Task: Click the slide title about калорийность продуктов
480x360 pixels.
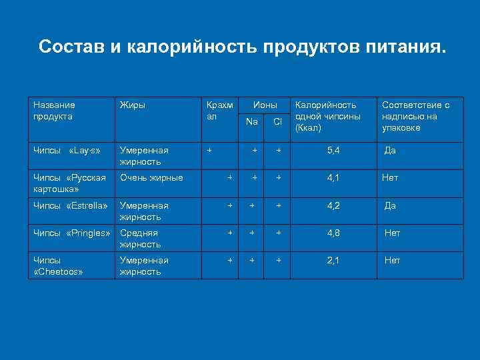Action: click(x=240, y=47)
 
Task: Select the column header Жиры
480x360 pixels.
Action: click(x=132, y=105)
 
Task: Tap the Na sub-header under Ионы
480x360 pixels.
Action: click(x=251, y=121)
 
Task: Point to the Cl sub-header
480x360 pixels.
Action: click(x=277, y=121)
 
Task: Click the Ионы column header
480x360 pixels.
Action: click(x=264, y=105)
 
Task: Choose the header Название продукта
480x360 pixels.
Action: click(x=54, y=110)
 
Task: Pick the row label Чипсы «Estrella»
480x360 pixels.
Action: click(x=70, y=205)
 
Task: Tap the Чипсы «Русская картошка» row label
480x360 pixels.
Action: click(x=69, y=183)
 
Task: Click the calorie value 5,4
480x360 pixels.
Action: click(x=333, y=151)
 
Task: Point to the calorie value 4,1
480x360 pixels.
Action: click(x=333, y=178)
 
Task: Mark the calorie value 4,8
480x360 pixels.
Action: click(x=333, y=233)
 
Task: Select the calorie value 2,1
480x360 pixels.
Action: click(x=333, y=260)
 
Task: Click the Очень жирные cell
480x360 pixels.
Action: click(x=151, y=178)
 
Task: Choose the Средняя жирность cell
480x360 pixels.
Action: click(x=139, y=239)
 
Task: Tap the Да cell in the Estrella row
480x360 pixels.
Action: click(x=390, y=205)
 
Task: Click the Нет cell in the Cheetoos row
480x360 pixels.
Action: click(x=392, y=260)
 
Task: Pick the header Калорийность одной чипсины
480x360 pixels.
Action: click(x=327, y=116)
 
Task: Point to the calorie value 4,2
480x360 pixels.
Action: click(x=333, y=205)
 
